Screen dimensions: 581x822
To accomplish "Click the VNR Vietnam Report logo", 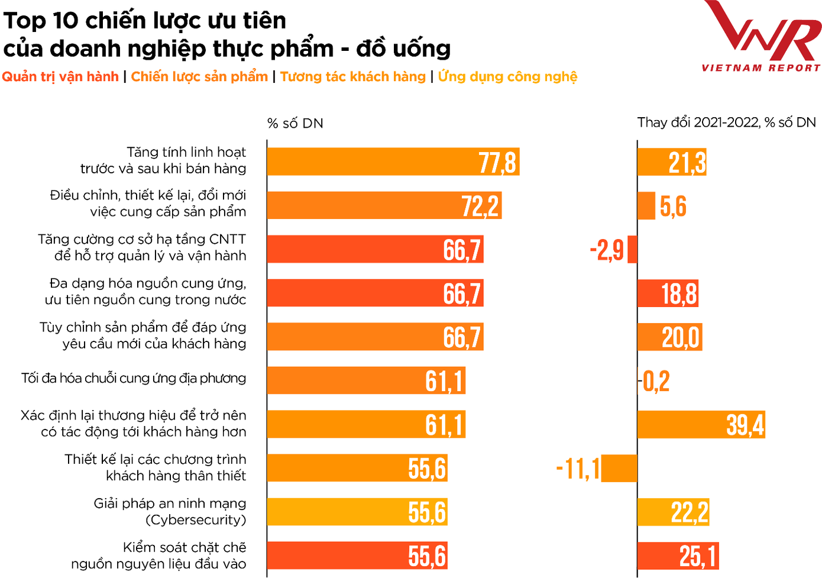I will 761,37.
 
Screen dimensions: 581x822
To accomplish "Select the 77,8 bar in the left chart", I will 393,162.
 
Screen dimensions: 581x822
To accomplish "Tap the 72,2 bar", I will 384,205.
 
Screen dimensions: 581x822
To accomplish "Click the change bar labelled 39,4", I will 701,424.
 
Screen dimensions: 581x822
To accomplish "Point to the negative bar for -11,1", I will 619,468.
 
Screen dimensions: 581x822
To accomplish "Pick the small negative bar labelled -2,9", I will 632,249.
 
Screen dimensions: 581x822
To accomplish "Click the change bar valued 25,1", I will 678,556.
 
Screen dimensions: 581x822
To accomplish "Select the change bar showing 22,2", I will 673,512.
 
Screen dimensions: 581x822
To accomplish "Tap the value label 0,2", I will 656,381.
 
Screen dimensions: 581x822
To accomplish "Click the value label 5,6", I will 673,206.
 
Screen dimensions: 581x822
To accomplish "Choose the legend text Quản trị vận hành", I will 60,77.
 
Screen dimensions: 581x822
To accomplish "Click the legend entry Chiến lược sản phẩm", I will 199,77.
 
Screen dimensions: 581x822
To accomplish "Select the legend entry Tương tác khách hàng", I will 353,77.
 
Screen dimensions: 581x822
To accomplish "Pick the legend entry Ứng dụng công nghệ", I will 507,77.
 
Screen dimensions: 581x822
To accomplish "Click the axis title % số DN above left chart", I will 295,123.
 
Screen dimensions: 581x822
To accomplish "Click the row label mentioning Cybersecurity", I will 170,512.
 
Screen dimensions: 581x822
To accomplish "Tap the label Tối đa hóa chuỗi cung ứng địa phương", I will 134,378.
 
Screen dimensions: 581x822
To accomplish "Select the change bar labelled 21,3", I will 672,162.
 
